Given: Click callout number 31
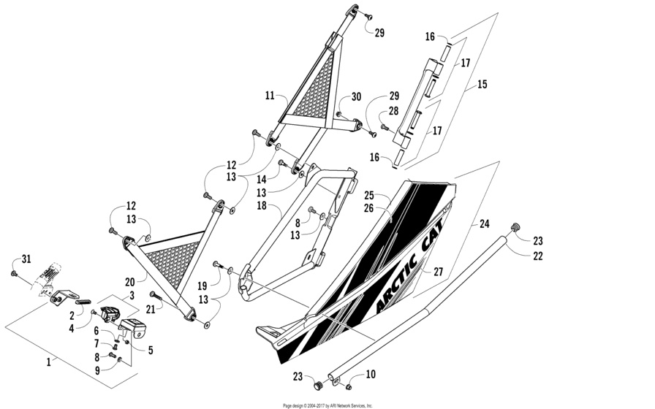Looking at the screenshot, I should pos(26,259).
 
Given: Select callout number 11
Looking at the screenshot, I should pos(270,96).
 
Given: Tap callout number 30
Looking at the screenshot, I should pos(356,97).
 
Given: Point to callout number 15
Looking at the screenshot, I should pos(482,84).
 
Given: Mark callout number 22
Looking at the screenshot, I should pos(538,256).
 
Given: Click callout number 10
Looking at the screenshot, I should pos(371,375).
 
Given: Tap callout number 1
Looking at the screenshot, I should pos(49,361).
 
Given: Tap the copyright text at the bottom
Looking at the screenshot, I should pos(327,405).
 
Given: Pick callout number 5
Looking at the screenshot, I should pos(151,351).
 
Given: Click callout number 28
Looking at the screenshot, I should pos(393,110).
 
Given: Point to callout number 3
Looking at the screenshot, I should pos(132,295).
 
